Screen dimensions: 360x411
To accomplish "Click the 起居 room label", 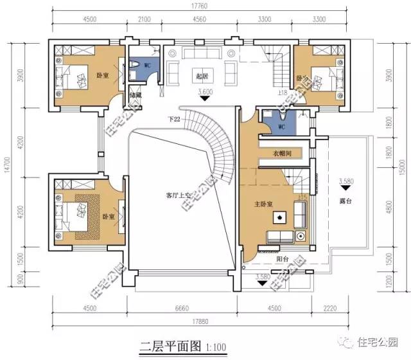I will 203,76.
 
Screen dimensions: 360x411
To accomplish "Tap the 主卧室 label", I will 263,204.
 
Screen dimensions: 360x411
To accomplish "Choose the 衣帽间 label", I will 283,154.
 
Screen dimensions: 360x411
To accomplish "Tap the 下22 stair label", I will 173,119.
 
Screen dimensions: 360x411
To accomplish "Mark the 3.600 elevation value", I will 205,92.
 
